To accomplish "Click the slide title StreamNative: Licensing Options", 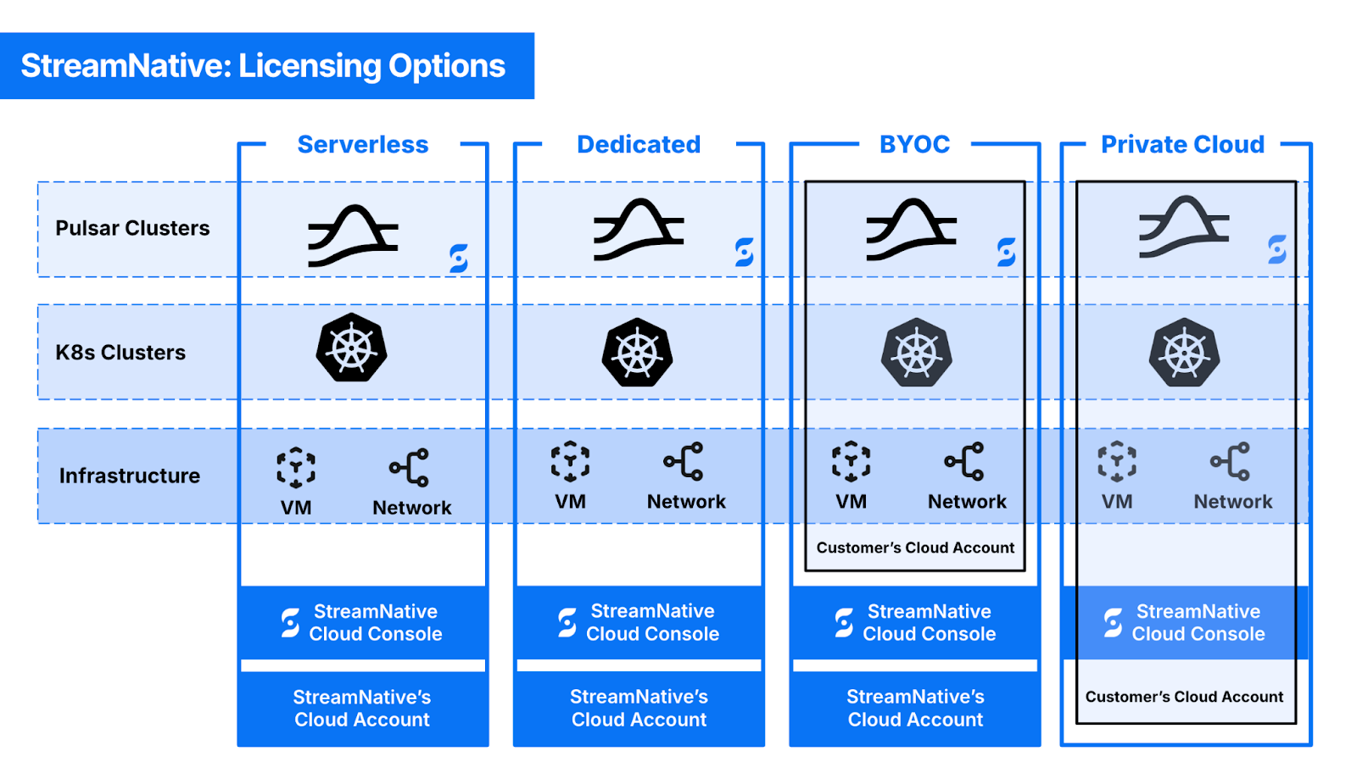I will (263, 66).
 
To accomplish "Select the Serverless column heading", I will (363, 144).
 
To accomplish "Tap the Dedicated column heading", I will (639, 144).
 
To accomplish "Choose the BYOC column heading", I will (914, 144).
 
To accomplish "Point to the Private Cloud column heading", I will (1182, 144).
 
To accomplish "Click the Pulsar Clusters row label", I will (132, 228).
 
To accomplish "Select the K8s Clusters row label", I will (120, 353).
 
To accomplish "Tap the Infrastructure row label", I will (130, 476).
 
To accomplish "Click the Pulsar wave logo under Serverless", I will (353, 235).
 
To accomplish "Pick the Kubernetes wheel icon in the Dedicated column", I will (638, 353).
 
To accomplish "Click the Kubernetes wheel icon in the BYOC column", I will (916, 353).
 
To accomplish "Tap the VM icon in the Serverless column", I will (296, 468).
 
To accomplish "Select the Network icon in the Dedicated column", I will (684, 462).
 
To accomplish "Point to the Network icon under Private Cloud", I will (1231, 462).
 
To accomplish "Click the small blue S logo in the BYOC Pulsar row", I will (1007, 252).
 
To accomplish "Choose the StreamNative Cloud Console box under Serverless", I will (363, 622).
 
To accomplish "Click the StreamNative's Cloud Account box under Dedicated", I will (639, 708).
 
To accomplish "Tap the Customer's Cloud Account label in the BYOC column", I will (915, 548).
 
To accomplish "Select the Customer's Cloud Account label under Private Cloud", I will (1184, 697).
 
